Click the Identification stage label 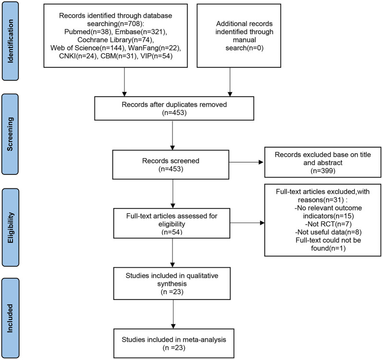pos(10,41)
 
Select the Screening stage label pos(10,134)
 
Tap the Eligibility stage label pos(11,227)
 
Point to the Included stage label pos(10,318)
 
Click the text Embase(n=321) pos(141,32)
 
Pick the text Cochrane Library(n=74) pos(115,40)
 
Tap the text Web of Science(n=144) pos(88,48)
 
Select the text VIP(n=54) pos(156,56)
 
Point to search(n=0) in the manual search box pos(244,48)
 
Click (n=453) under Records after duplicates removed pos(174,112)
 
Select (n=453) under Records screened pos(171,169)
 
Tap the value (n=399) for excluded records pos(323,171)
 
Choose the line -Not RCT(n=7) pos(328,224)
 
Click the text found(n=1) pos(328,248)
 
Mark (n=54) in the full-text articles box pos(172,232)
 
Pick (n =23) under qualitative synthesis pos(172,292)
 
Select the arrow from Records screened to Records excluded pos(247,162)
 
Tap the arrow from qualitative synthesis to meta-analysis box pos(173,314)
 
